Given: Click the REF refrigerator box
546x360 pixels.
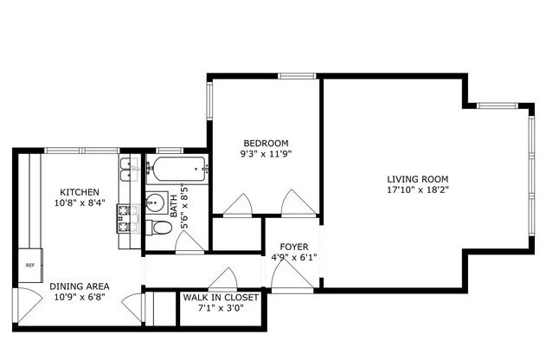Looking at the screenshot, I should (x=29, y=266).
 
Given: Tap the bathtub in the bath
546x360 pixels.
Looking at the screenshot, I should (x=177, y=170).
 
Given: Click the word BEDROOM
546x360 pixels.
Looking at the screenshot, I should (x=266, y=143).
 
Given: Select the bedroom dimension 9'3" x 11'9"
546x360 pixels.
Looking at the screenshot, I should (x=266, y=154).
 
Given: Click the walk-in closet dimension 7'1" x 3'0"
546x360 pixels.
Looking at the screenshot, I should (x=216, y=308).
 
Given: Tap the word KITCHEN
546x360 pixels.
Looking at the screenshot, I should (x=79, y=192).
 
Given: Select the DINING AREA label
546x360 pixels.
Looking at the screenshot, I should (x=78, y=286).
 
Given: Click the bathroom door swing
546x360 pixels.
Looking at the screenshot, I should (x=189, y=243).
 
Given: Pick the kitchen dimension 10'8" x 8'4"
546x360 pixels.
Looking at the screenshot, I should (x=79, y=203).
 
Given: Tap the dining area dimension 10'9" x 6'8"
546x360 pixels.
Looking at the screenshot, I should (x=78, y=298).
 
